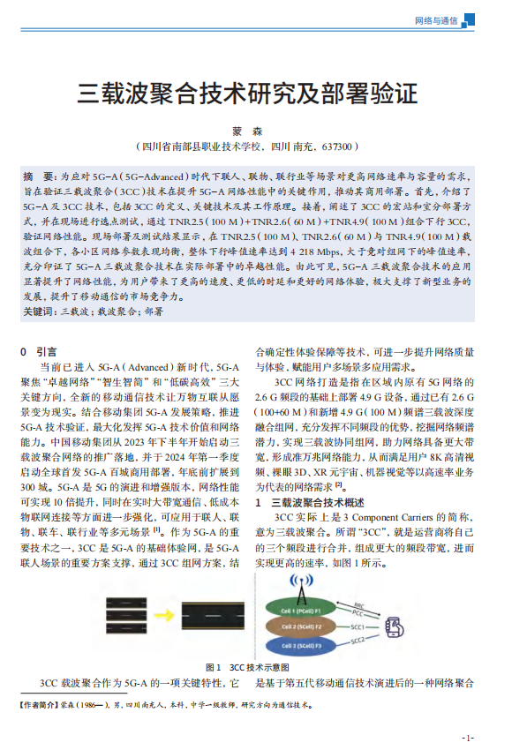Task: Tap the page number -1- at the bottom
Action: pos(468,737)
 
